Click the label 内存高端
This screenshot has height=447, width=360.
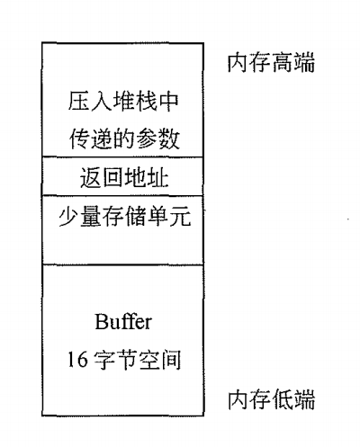[271, 63]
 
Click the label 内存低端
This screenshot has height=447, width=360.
[271, 399]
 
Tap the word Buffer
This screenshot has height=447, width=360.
[123, 321]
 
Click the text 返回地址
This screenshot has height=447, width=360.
[124, 177]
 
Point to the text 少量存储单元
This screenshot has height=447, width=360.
[124, 216]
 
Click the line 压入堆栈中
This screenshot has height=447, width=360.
[123, 101]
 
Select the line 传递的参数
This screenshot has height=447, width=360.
[124, 139]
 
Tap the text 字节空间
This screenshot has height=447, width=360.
[138, 360]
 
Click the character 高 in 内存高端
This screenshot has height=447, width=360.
[283, 63]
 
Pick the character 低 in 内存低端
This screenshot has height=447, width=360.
[283, 399]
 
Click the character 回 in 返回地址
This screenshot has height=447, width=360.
[113, 177]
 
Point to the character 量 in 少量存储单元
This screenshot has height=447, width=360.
[91, 216]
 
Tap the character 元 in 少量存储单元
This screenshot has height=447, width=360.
[181, 216]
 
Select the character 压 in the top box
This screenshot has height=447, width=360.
[78, 101]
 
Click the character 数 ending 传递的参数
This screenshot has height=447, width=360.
[169, 139]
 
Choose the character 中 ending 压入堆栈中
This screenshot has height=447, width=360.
[168, 101]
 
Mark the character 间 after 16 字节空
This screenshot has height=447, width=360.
[171, 360]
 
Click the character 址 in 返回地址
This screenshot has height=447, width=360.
[157, 177]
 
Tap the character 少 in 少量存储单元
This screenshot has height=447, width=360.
[68, 216]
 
